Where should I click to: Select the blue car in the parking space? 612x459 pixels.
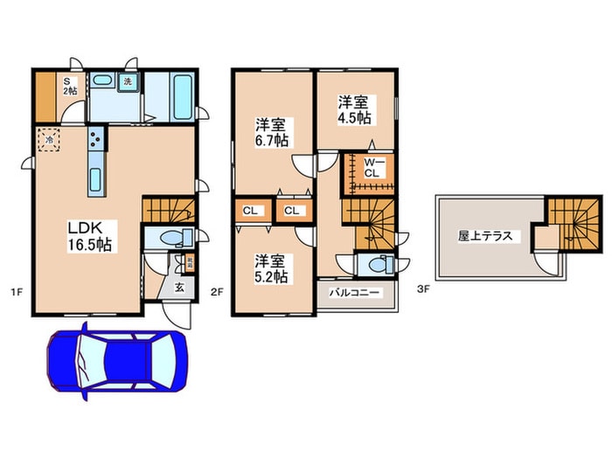pyautogui.click(x=116, y=358)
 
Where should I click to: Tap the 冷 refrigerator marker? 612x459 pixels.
pyautogui.click(x=49, y=139)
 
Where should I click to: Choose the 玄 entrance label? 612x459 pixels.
pyautogui.click(x=177, y=288)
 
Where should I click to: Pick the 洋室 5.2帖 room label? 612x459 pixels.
pyautogui.click(x=271, y=268)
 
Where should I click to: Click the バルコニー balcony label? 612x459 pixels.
pyautogui.click(x=353, y=293)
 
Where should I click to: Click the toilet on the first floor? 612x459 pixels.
pyautogui.click(x=174, y=237)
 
